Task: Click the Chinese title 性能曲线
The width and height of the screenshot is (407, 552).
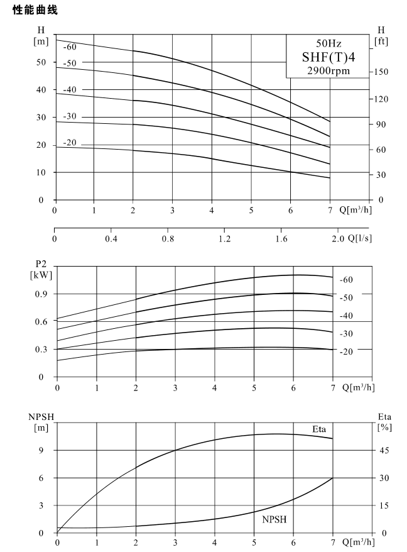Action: click(x=35, y=10)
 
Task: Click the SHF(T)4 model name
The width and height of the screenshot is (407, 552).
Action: click(x=328, y=57)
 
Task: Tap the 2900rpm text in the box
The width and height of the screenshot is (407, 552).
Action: click(x=328, y=71)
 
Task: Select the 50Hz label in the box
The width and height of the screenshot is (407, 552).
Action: click(x=328, y=43)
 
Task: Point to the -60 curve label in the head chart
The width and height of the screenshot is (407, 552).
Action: click(x=70, y=47)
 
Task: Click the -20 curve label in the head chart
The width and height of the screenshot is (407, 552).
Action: click(x=70, y=143)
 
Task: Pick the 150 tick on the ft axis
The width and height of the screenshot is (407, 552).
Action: click(x=381, y=72)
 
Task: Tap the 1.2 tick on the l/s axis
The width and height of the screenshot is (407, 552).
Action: click(x=224, y=239)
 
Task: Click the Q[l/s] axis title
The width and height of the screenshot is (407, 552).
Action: click(x=359, y=238)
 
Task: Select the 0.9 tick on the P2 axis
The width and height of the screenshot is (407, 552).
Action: click(x=41, y=294)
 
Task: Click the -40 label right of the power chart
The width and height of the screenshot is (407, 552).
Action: click(x=346, y=316)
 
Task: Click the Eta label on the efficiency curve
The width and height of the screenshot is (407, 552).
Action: click(x=319, y=429)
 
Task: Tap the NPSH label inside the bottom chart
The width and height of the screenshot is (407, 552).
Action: click(x=274, y=519)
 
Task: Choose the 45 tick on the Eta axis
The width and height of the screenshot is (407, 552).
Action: click(x=384, y=450)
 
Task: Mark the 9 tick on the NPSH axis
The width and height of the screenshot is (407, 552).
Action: click(x=41, y=450)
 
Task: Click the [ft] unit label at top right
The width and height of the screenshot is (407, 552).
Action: click(x=381, y=41)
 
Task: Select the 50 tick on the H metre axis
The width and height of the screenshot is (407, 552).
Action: click(x=41, y=62)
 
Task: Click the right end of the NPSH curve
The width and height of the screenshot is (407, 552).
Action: click(x=332, y=478)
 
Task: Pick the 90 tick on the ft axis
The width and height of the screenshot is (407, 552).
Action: click(x=381, y=124)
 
